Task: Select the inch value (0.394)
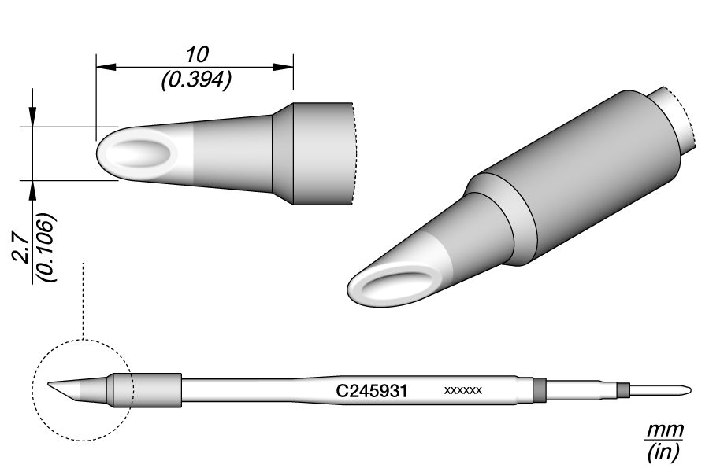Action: coord(195,80)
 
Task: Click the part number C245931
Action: coord(371,390)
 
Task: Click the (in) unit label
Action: coord(664,453)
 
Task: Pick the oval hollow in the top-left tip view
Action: coord(140,153)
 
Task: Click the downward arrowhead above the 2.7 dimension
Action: coord(32,118)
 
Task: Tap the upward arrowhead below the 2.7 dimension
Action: coord(32,188)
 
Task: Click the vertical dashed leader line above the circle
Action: coord(83,299)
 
